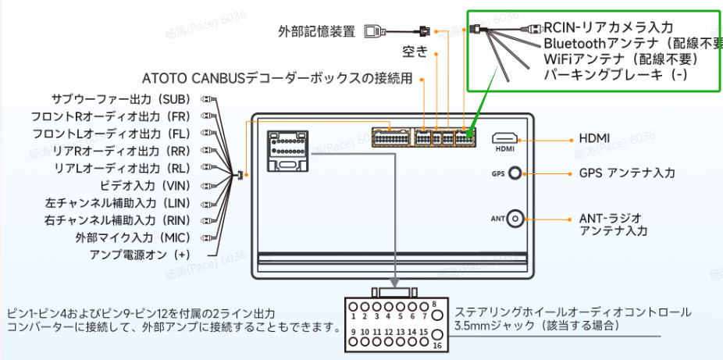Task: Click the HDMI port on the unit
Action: coord(505,138)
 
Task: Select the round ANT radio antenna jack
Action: coord(515,219)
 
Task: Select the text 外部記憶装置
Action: coord(317,32)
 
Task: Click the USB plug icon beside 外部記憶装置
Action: coord(373,32)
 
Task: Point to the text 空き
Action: coord(415,52)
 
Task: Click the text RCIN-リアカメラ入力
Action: coord(608,27)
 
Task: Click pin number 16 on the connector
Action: coord(437,345)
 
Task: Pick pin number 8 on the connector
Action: coord(433,306)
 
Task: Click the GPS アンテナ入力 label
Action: coord(626,173)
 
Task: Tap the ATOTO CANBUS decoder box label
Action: coord(277,79)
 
